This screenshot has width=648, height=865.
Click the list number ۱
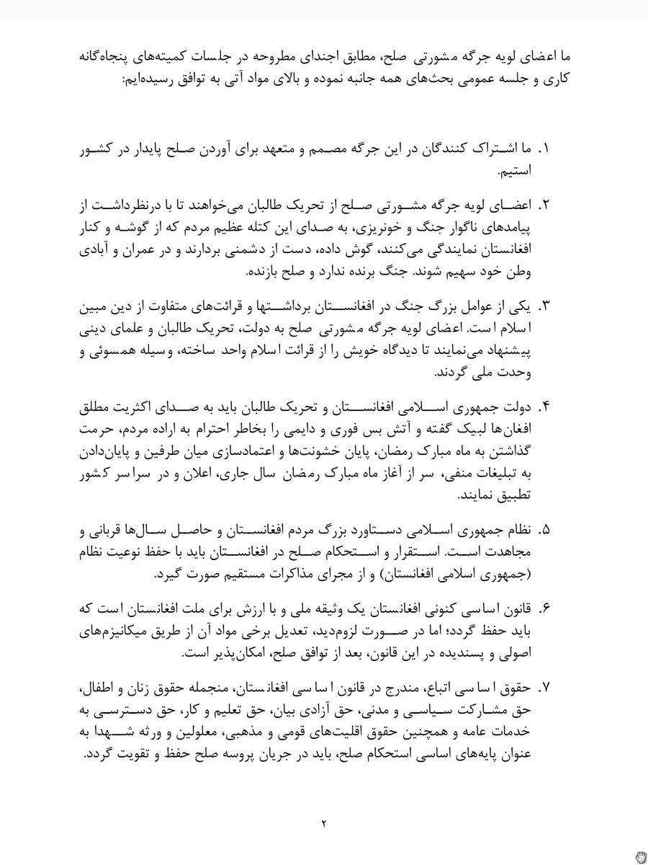(544, 150)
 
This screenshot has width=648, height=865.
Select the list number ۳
(544, 306)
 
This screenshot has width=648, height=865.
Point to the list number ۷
(544, 687)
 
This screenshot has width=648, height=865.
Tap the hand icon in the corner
(639, 856)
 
